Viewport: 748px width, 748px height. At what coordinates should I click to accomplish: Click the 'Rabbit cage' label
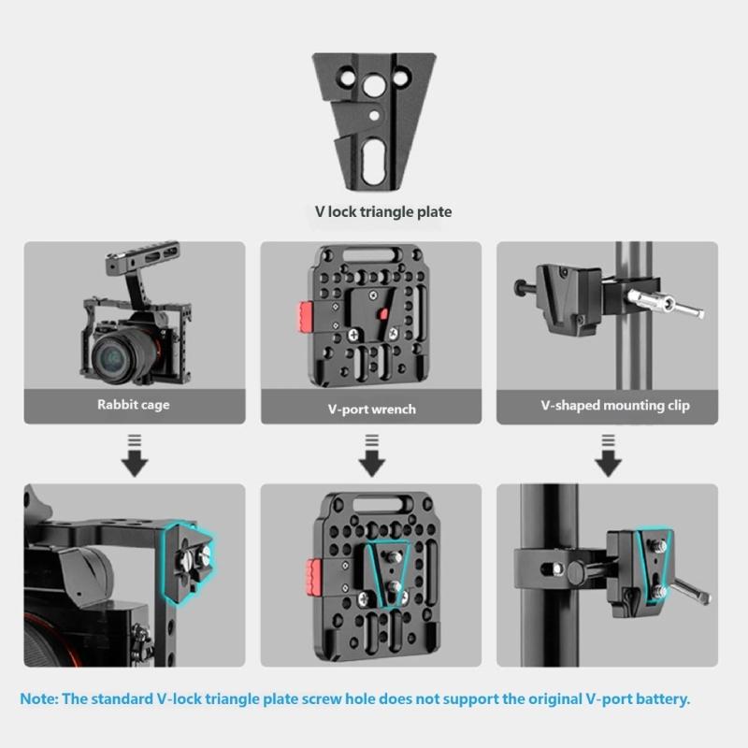click(134, 405)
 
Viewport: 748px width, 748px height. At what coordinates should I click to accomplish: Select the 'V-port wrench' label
click(372, 409)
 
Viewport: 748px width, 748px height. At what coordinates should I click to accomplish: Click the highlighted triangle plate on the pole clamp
click(654, 561)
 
